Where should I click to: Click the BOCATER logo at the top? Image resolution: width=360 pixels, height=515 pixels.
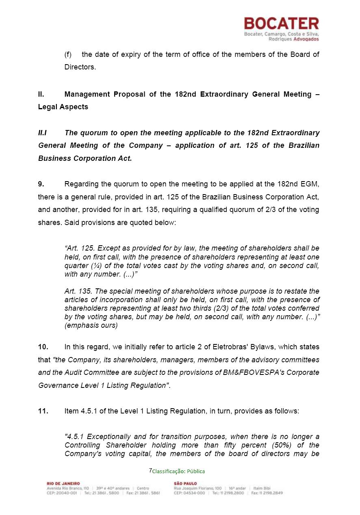[281, 24]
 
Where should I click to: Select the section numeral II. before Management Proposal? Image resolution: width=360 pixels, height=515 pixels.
[41, 94]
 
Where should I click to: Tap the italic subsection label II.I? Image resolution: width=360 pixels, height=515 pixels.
[43, 133]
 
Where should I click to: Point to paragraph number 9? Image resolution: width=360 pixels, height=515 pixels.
[41, 184]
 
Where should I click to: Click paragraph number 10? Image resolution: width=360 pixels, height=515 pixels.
[43, 347]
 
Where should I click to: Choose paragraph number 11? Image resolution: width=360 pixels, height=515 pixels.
[43, 411]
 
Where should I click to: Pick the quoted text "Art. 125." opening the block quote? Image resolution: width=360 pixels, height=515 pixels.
[80, 248]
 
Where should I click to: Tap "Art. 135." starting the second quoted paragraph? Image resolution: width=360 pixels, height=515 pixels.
[79, 291]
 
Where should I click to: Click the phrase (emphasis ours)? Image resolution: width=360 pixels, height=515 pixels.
[91, 325]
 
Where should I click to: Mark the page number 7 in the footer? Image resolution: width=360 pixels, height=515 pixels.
[150, 471]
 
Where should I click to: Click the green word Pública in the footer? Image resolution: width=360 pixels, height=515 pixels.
[196, 472]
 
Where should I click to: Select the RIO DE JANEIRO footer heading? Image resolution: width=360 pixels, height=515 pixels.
[63, 483]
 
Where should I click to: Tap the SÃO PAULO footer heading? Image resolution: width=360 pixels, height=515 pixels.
[185, 483]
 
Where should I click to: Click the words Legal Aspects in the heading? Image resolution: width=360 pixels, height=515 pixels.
[63, 107]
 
